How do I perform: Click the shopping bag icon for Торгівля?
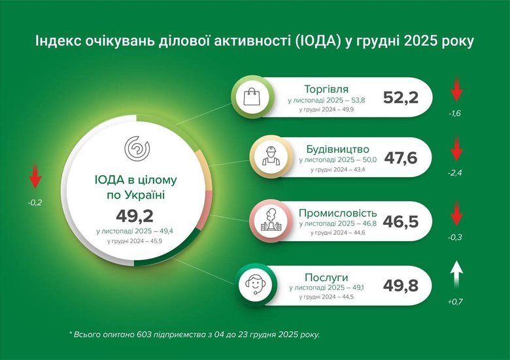[252, 99]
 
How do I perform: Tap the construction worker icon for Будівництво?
[268, 156]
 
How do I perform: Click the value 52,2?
[400, 99]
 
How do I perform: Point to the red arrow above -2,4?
[456, 152]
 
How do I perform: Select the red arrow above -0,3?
[456, 214]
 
